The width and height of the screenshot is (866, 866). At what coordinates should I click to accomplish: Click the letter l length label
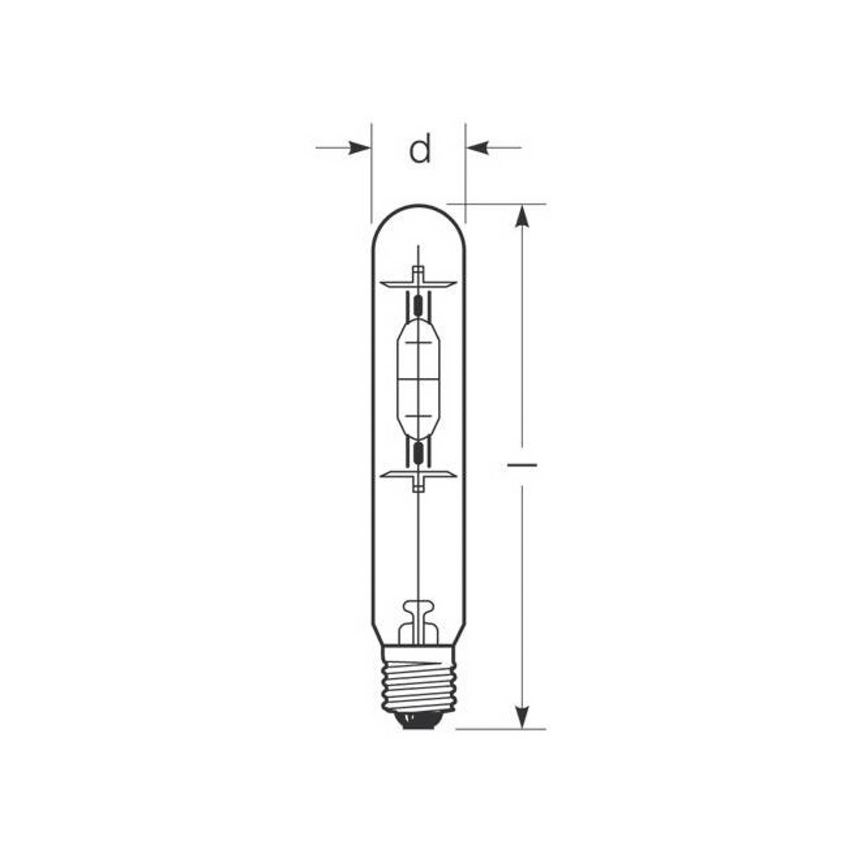click(x=522, y=464)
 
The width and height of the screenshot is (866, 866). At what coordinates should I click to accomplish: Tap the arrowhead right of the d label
click(x=477, y=147)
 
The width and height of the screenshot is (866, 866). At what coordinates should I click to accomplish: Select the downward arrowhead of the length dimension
click(x=522, y=718)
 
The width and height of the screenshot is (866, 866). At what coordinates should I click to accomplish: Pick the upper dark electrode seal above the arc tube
click(x=418, y=306)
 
